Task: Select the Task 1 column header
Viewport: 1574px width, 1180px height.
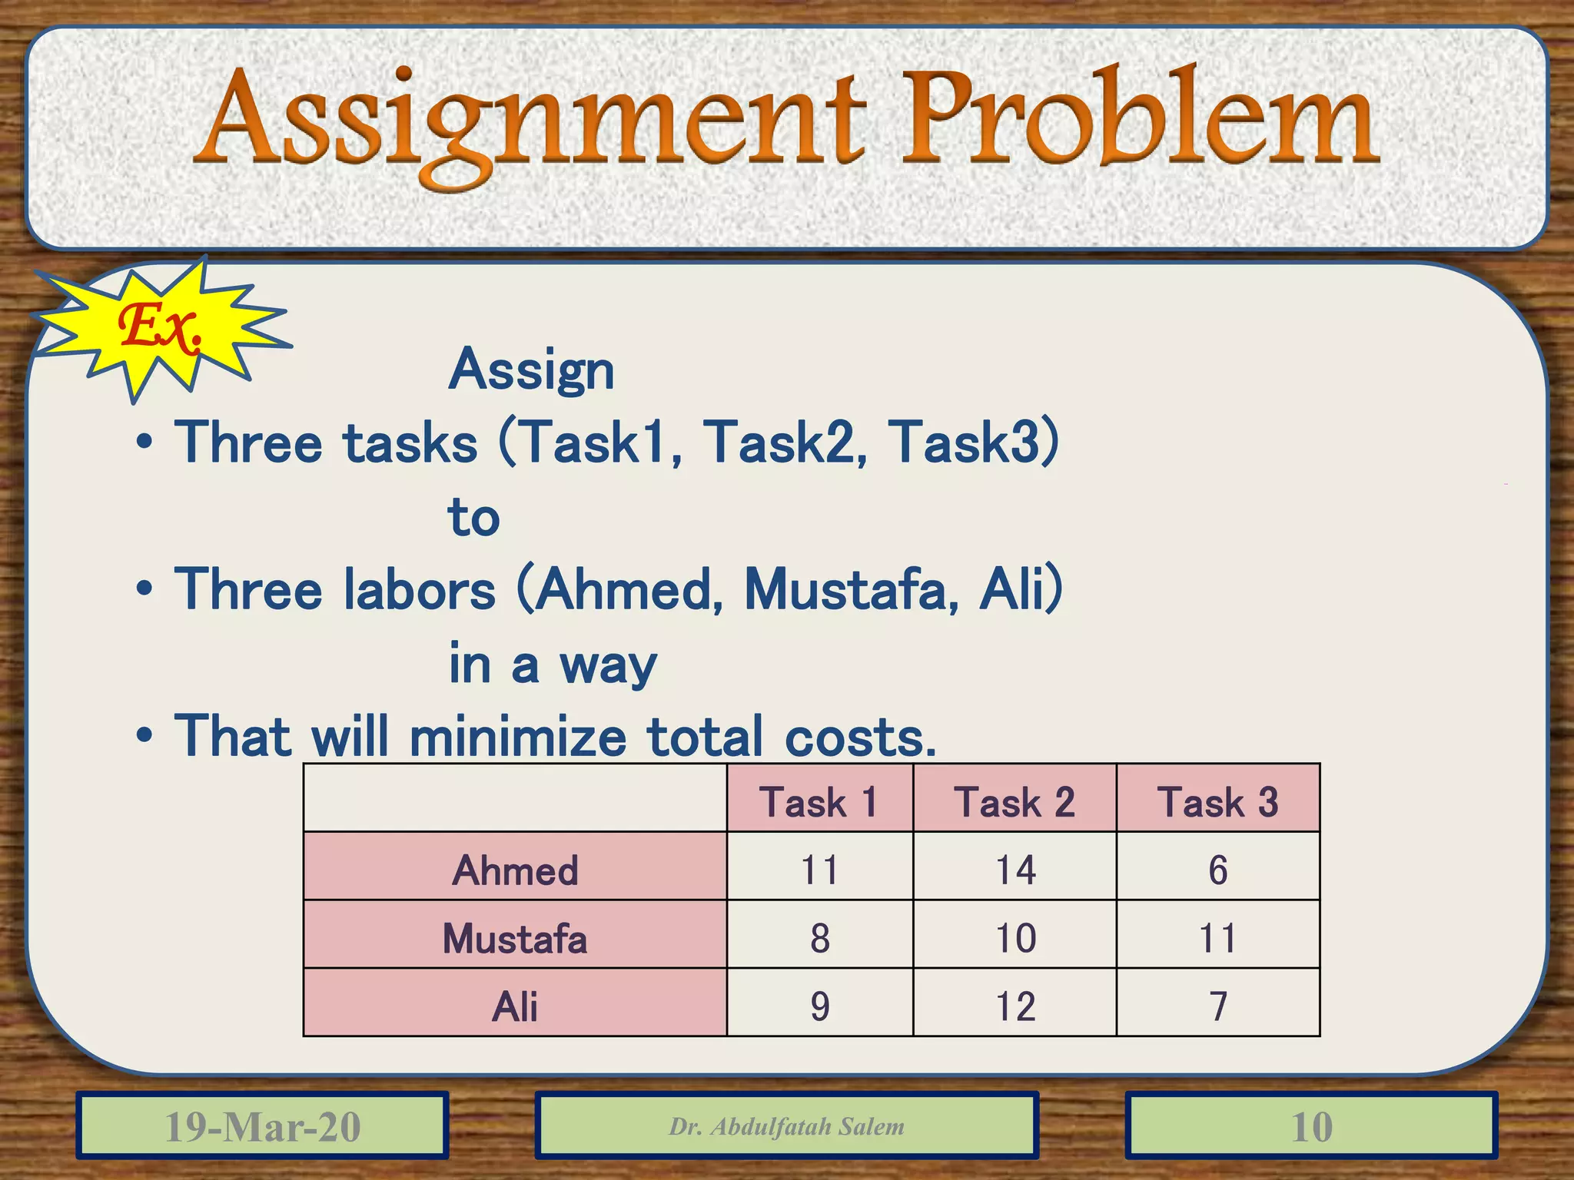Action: pyautogui.click(x=819, y=801)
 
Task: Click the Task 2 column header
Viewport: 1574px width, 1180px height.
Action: pyautogui.click(x=1014, y=801)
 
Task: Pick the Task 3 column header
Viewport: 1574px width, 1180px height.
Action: pyautogui.click(x=1217, y=801)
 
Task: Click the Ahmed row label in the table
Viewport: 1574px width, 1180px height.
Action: pyautogui.click(x=515, y=870)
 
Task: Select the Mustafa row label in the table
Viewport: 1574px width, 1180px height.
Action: pyautogui.click(x=515, y=938)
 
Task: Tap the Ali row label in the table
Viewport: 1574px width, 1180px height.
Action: pyautogui.click(x=515, y=1006)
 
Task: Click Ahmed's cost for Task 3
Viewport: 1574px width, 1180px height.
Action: pyautogui.click(x=1217, y=870)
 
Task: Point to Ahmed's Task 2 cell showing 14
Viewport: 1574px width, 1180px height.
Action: pyautogui.click(x=1014, y=870)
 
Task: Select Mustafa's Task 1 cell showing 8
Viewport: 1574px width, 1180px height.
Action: pyautogui.click(x=819, y=938)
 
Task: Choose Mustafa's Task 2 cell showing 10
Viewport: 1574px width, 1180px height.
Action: pyautogui.click(x=1014, y=938)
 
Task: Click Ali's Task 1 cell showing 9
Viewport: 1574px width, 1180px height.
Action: pyautogui.click(x=819, y=1006)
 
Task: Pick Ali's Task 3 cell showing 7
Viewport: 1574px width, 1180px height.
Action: pyautogui.click(x=1217, y=1006)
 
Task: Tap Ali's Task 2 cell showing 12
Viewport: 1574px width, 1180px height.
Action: pyautogui.click(x=1014, y=1006)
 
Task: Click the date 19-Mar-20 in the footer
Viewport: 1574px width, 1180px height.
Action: pyautogui.click(x=262, y=1126)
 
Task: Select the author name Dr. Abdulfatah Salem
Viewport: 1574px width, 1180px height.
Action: pyautogui.click(x=786, y=1126)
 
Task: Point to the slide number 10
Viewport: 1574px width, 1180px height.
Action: pyautogui.click(x=1311, y=1126)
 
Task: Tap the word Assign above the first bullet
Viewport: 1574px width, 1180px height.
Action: pyautogui.click(x=531, y=370)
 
